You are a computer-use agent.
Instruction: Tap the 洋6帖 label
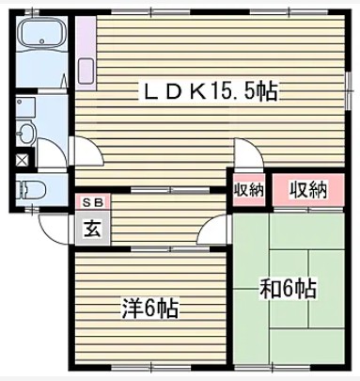click(149, 308)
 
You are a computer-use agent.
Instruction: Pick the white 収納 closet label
click(249, 189)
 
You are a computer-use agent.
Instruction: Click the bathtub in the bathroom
click(41, 43)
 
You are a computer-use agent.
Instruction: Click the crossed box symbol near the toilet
click(23, 159)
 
